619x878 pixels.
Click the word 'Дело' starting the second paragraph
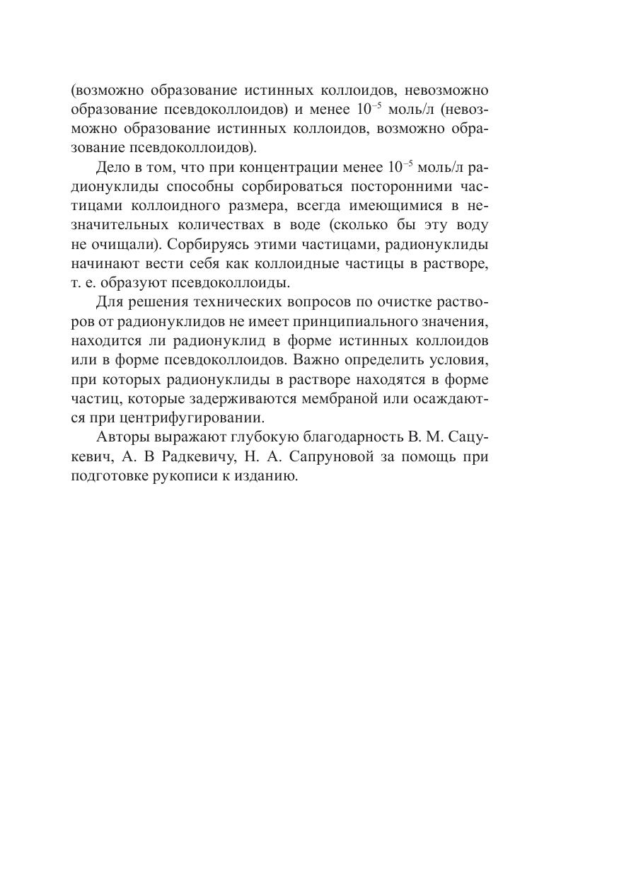tap(112, 168)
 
